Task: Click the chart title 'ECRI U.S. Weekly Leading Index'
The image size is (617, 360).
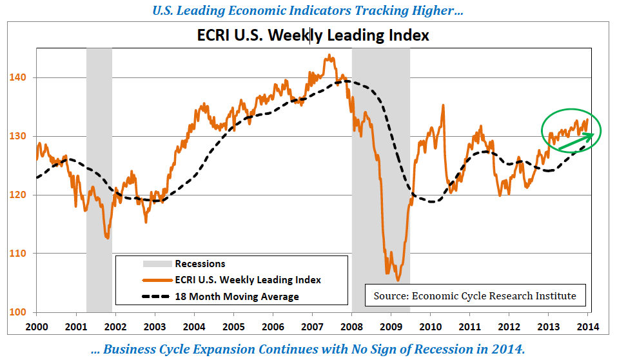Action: (x=313, y=35)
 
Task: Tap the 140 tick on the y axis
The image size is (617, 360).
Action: (x=19, y=77)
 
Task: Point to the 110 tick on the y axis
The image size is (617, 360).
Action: (x=19, y=254)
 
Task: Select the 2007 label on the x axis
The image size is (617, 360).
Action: (x=313, y=326)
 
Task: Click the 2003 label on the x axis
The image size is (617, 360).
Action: (x=155, y=326)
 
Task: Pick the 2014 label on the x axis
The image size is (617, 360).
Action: (x=589, y=326)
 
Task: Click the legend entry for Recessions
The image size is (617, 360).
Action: (x=200, y=263)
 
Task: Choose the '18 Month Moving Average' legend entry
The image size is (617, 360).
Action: (x=237, y=296)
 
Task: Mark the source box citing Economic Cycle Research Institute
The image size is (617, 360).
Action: (x=475, y=296)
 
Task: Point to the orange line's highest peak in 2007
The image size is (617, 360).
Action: (x=329, y=55)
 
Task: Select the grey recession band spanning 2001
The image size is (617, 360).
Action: (x=99, y=161)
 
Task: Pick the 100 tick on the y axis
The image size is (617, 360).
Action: (x=19, y=312)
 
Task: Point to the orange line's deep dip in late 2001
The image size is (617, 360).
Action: (x=106, y=237)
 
